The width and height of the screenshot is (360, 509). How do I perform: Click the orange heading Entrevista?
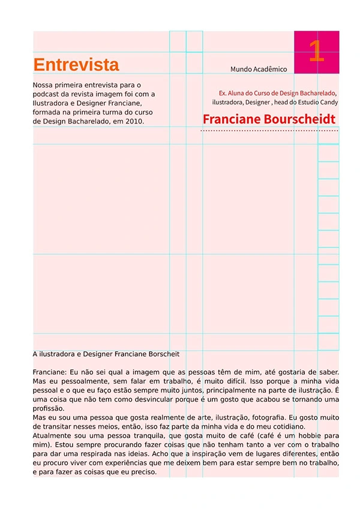click(x=76, y=65)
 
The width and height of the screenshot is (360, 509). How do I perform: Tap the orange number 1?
click(x=316, y=51)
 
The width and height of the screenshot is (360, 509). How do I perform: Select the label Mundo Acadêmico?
click(x=259, y=70)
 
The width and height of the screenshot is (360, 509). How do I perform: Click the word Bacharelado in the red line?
click(x=317, y=94)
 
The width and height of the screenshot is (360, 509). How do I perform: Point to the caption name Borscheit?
click(x=163, y=354)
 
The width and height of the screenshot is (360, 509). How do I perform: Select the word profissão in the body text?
click(x=49, y=408)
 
